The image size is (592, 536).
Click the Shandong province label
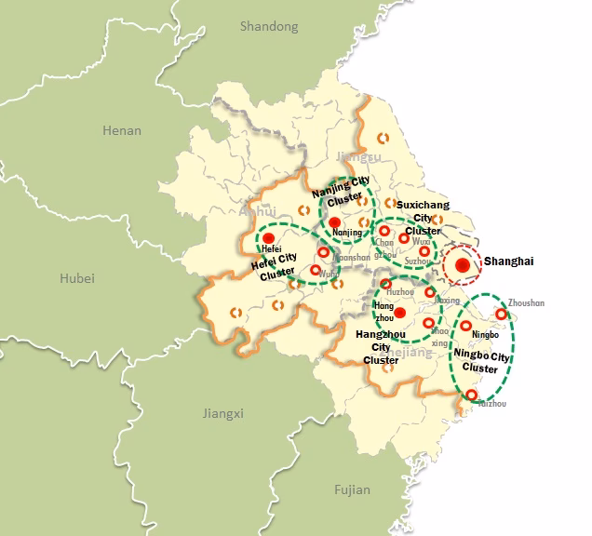269,26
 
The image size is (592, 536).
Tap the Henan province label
122,130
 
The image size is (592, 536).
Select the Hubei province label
76,278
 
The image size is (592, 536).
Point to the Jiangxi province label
223,413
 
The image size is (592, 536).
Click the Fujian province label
352,489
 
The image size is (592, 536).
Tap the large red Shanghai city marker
463,265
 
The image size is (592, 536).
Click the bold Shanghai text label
508,261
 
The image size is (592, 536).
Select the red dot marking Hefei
269,238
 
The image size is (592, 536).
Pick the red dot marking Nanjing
335,221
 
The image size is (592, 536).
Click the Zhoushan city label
527,303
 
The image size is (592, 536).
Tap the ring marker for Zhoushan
502,315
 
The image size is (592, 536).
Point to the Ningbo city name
486,335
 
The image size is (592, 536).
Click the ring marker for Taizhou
471,395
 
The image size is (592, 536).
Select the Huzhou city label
400,292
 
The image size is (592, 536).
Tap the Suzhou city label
419,261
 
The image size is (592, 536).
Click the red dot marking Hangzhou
399,313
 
